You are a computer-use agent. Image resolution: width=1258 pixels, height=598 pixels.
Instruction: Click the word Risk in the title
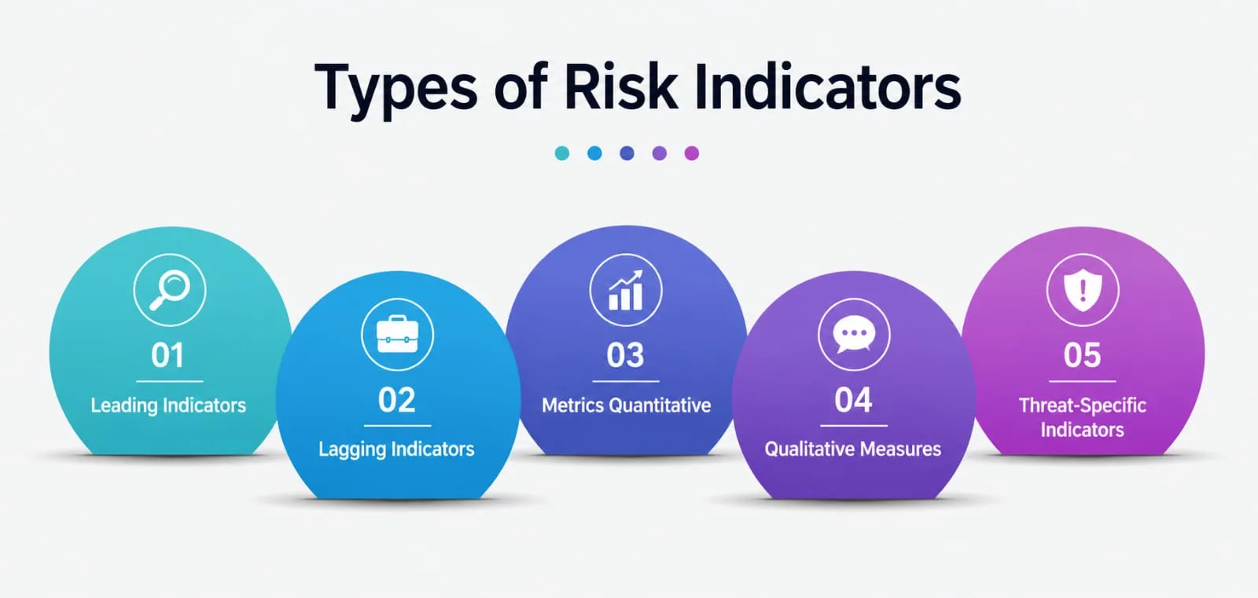tap(620, 88)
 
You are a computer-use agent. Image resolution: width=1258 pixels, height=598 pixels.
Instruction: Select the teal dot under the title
tap(562, 153)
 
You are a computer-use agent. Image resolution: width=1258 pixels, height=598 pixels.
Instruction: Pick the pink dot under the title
tap(692, 153)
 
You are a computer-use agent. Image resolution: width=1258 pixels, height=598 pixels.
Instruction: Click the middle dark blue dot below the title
tap(627, 153)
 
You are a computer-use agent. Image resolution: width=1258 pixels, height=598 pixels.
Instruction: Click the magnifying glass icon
tap(170, 290)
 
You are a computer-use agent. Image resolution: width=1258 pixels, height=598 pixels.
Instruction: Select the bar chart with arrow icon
tap(626, 290)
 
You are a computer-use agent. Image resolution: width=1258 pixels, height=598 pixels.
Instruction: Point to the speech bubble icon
tap(854, 335)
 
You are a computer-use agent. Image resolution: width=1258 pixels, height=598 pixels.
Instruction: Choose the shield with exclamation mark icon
tap(1083, 290)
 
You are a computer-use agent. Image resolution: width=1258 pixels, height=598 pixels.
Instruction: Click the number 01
tap(167, 355)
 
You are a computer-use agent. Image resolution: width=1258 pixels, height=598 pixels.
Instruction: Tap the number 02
tap(397, 400)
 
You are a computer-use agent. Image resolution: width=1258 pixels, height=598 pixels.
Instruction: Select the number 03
tap(625, 355)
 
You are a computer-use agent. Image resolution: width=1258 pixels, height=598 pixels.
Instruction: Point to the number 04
tap(853, 400)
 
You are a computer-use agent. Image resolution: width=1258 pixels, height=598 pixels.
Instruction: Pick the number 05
tap(1082, 355)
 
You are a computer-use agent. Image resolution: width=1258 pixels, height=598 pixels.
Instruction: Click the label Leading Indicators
tap(168, 405)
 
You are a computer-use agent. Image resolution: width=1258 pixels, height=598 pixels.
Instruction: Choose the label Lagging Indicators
tap(396, 449)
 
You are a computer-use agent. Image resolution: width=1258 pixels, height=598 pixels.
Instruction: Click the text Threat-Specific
tap(1083, 405)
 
